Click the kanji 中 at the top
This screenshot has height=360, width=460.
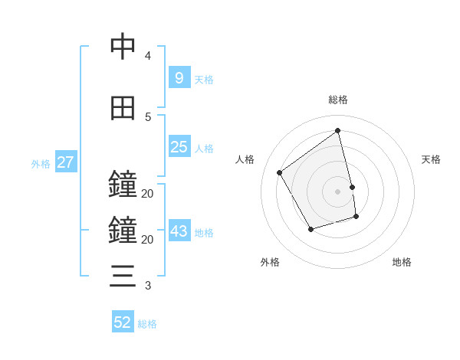[x=123, y=47]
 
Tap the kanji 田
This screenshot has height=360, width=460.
[x=123, y=108]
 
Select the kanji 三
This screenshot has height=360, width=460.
[x=123, y=276]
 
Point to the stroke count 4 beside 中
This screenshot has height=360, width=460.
[x=148, y=56]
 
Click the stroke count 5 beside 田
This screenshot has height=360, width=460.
[x=148, y=116]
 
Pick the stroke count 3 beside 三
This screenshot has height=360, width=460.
[x=148, y=286]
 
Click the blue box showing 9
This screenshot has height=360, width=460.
[x=179, y=78]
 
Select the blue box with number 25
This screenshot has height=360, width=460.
[x=179, y=147]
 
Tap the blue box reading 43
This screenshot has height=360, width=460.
[x=179, y=231]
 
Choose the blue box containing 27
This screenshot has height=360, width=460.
[x=65, y=162]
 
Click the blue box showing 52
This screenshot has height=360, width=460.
[x=123, y=322]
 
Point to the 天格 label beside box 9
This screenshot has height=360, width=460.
[x=204, y=79]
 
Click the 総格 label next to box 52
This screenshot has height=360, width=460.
[x=147, y=324]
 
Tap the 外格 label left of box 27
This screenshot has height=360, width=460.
[x=41, y=163]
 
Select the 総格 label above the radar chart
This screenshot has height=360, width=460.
[x=338, y=100]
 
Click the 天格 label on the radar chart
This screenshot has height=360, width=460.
[x=431, y=159]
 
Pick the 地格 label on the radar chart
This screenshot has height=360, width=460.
[x=402, y=262]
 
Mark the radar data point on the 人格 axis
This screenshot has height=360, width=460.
[x=280, y=172]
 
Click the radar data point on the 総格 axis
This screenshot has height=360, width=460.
[x=338, y=131]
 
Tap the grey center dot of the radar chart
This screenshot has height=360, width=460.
[x=338, y=191]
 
